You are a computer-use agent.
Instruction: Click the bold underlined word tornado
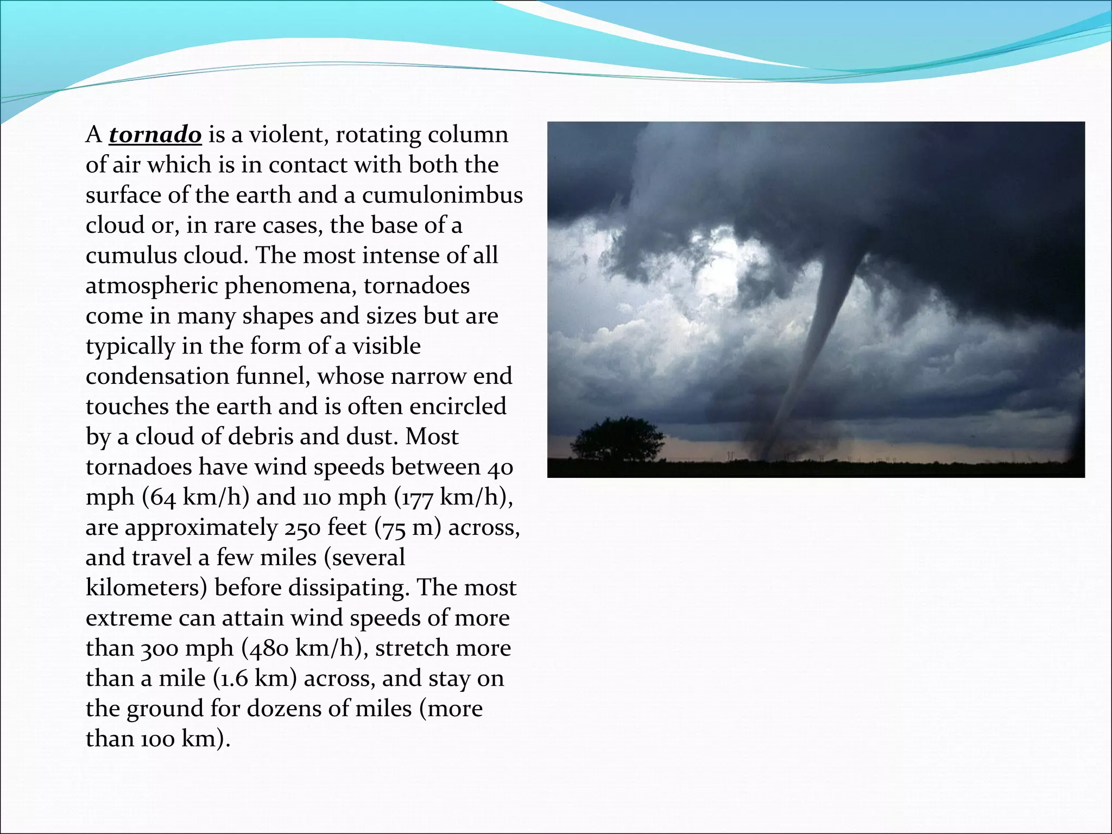[155, 135]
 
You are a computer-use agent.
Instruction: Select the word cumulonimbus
[443, 195]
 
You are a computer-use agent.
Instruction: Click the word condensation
[157, 376]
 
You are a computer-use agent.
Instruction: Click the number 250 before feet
[302, 527]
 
